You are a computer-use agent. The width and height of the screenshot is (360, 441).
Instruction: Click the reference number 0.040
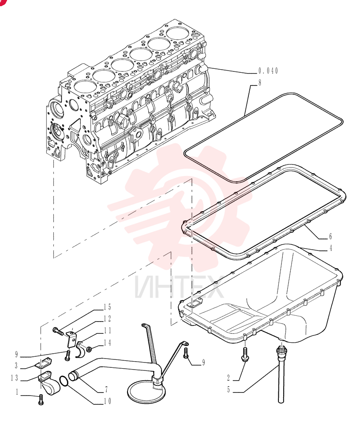pos(268,71)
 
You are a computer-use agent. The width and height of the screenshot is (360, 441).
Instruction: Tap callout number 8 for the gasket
pos(260,83)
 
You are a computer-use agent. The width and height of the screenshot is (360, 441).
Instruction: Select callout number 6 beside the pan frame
pos(330,236)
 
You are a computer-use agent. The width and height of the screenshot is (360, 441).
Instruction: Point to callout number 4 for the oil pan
pos(331,248)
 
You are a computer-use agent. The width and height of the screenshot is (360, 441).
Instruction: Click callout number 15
pos(107,307)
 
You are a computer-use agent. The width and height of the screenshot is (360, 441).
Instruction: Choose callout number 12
pos(107,319)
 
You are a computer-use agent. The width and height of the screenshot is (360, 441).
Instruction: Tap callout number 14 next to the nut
pos(107,343)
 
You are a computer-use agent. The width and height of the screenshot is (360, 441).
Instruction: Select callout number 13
pos(15,378)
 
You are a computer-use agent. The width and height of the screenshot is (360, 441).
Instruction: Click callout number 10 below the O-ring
pos(107,401)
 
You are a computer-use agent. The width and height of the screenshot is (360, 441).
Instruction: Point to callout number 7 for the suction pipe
pos(106,389)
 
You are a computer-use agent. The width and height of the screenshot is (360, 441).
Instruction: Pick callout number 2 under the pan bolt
pos(229,378)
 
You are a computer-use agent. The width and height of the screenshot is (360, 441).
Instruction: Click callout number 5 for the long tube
pos(229,389)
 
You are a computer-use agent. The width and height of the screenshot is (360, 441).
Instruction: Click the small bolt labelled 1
pos(41,400)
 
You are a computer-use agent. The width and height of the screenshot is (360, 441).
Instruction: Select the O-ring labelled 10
pos(64,381)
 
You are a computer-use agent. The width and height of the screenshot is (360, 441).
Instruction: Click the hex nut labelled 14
pos(88,349)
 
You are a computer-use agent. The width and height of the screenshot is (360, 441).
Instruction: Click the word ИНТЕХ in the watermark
pos(179,287)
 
